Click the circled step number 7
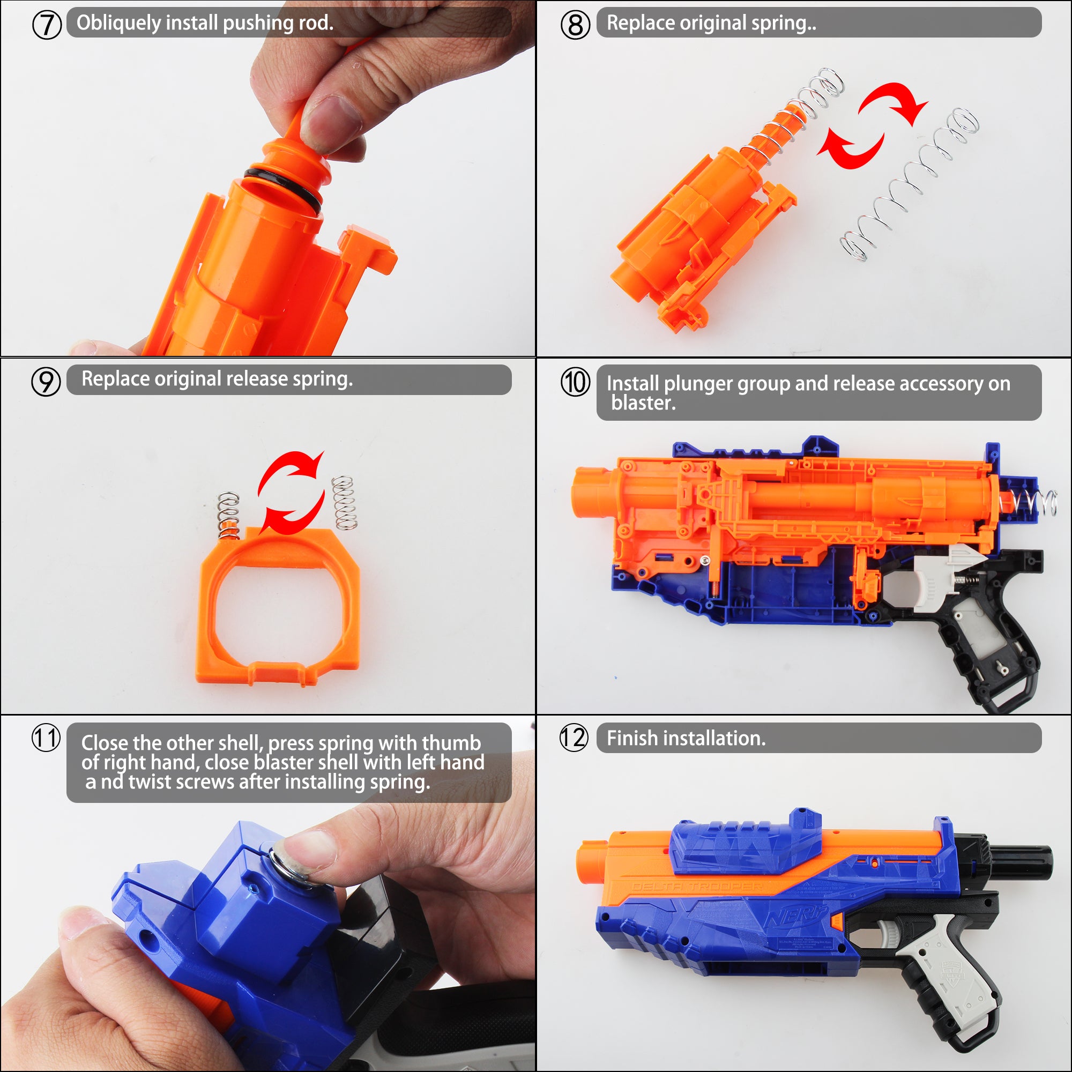pyautogui.click(x=47, y=25)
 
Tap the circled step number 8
pyautogui.click(x=575, y=25)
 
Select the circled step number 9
pyautogui.click(x=46, y=382)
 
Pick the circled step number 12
pyautogui.click(x=574, y=738)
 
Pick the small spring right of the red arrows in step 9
pyautogui.click(x=344, y=502)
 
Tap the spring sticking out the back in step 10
pyautogui.click(x=1030, y=503)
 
